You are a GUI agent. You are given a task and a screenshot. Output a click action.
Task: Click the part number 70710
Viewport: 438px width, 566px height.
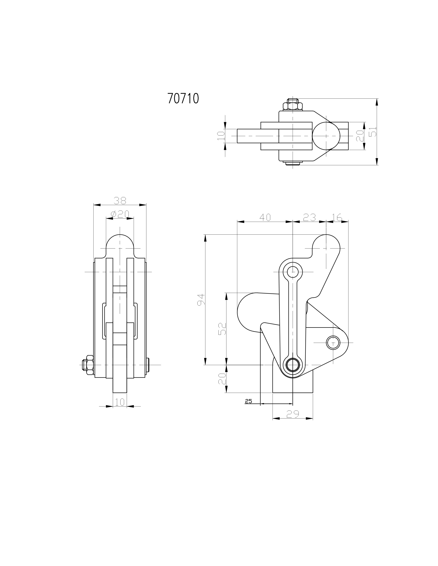[x=183, y=98]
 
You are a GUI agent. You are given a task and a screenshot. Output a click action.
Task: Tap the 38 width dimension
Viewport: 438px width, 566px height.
[x=120, y=200]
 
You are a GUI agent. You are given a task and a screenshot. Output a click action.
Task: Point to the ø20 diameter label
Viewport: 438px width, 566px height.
[x=120, y=214]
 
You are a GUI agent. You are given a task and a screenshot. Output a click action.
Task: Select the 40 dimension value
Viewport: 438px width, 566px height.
[x=265, y=217]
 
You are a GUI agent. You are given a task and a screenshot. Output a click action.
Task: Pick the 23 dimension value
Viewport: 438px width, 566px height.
[x=309, y=217]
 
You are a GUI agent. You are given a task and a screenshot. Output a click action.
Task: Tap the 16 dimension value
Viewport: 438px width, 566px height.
[x=337, y=217]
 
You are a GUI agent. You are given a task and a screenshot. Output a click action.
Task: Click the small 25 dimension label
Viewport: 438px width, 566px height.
[x=248, y=401]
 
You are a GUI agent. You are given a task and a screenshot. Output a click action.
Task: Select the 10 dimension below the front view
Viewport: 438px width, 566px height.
[x=120, y=402]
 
